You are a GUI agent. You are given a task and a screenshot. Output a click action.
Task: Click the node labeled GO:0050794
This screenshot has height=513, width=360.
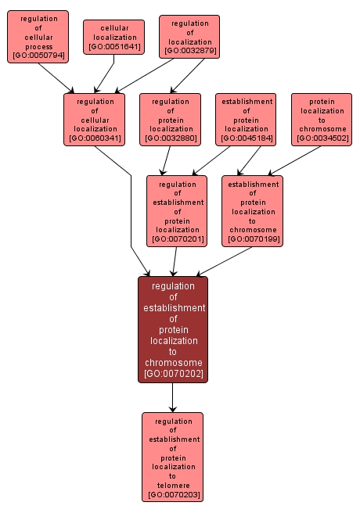point(38,37)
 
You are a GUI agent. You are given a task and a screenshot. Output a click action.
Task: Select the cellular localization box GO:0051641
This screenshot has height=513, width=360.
point(114,37)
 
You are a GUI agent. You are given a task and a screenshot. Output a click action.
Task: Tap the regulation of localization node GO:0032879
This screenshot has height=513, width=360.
point(189,37)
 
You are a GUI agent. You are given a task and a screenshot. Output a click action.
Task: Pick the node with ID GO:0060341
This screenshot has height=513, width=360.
point(95,120)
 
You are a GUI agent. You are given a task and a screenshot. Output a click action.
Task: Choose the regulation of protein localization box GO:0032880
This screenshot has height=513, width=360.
point(171,120)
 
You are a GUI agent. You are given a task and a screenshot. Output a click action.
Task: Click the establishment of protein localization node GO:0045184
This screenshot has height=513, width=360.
point(247,120)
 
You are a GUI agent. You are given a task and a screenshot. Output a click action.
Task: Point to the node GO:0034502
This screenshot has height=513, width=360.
point(322,120)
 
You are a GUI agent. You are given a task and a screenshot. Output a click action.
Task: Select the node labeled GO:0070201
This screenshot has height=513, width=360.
point(177,210)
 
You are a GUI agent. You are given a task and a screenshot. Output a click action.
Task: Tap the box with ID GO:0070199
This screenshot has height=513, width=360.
point(252,210)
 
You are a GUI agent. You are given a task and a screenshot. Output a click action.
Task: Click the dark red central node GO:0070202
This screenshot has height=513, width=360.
point(173,329)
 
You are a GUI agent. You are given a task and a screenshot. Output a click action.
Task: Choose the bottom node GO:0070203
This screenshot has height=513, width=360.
point(173,457)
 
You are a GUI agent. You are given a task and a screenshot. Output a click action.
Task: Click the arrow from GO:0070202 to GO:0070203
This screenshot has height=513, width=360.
point(173,397)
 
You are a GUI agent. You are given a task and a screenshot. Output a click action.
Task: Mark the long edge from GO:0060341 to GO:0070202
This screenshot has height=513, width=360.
point(131,211)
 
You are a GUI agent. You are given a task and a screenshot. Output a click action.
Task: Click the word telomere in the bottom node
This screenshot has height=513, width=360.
point(173,485)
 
